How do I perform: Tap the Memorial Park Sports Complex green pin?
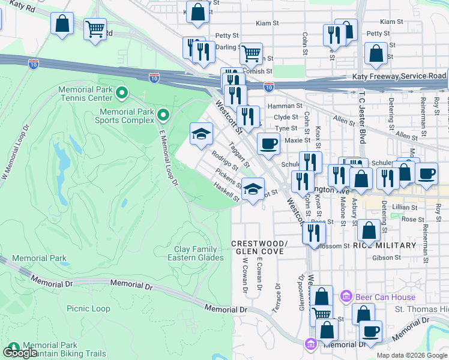pyautogui.click(x=163, y=113)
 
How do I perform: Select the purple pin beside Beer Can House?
pyautogui.click(x=345, y=296)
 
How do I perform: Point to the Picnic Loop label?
pyautogui.click(x=88, y=308)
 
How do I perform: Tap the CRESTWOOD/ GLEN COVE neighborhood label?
pyautogui.click(x=259, y=248)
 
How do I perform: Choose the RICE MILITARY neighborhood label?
pyautogui.click(x=384, y=245)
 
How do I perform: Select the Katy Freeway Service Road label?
pyautogui.click(x=399, y=76)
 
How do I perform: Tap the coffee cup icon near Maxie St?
pyautogui.click(x=268, y=143)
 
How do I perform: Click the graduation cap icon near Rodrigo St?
pyautogui.click(x=202, y=133)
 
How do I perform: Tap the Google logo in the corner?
pyautogui.click(x=20, y=352)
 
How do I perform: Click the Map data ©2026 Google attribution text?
pyautogui.click(x=412, y=355)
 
